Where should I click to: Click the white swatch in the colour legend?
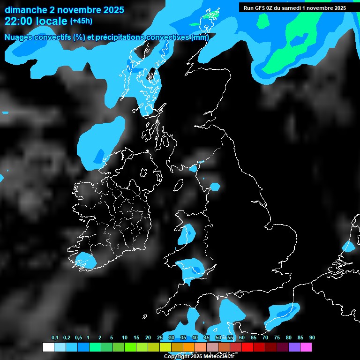(x=48, y=347)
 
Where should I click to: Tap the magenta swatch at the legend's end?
(x=306, y=347)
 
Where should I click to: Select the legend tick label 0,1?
(x=55, y=338)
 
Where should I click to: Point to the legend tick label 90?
(x=312, y=338)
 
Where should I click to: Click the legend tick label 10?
(x=125, y=338)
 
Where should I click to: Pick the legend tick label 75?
(x=277, y=338)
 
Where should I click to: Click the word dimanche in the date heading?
(x=26, y=10)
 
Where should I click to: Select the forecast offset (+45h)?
(x=81, y=21)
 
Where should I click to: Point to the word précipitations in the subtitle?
(x=120, y=37)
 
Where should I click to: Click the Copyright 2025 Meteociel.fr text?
(x=199, y=356)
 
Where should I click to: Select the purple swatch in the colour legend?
(x=294, y=347)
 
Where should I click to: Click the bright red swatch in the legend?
(x=247, y=347)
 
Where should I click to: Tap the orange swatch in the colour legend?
(x=188, y=347)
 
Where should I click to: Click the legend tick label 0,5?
(x=78, y=338)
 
